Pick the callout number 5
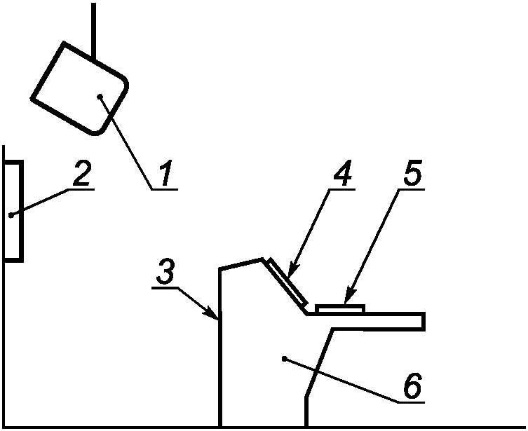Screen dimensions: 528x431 coord(412,174)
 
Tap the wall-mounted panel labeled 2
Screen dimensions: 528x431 coord(14,210)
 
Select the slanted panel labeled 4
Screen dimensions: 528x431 coord(286,281)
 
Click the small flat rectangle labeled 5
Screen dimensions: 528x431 coord(340,308)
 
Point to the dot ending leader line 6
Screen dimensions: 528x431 coord(283,360)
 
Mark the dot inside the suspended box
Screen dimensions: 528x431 coord(101,96)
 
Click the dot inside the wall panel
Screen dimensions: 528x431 coord(11,215)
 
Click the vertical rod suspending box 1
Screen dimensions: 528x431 coord(93,28)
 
